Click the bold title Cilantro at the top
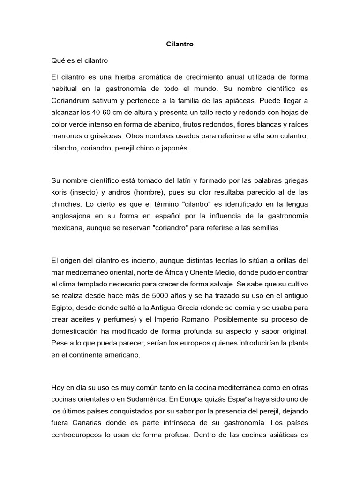pos(180,45)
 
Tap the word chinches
pos(65,204)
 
